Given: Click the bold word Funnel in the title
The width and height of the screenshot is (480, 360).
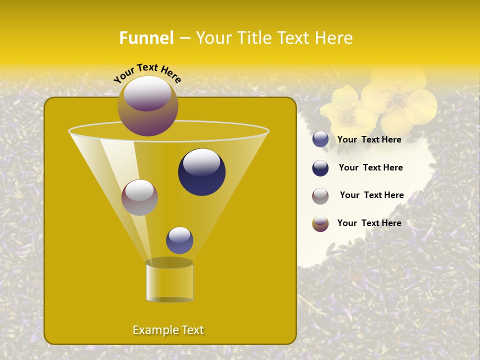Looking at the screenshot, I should tap(146, 38).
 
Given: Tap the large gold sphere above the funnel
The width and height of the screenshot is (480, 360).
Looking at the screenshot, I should tap(147, 106).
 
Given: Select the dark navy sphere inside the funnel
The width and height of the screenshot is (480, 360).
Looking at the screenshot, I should tap(201, 172).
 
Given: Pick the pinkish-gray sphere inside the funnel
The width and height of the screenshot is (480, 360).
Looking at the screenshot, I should tap(139, 197).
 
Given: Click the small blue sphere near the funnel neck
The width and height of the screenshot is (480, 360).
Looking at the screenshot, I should tap(179, 240).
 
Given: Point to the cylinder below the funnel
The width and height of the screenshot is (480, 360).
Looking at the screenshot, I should tap(169, 281).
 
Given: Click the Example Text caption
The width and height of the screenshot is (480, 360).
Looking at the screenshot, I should tap(168, 330).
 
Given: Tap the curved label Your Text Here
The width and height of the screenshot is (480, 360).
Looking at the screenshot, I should tap(147, 72).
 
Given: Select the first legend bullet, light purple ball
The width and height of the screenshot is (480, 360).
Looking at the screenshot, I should tap(320, 139).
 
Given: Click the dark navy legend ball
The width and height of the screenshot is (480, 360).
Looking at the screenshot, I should tap(320, 168).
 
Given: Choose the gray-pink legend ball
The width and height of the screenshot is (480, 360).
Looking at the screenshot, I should tap(320, 196).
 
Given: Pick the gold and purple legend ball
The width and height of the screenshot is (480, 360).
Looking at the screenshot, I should tap(320, 223).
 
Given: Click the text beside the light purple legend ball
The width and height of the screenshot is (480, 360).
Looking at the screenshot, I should tap(369, 140).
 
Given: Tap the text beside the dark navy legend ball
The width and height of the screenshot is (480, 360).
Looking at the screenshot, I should tap(370, 168).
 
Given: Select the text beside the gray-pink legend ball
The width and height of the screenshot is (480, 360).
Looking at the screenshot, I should tap(371, 195).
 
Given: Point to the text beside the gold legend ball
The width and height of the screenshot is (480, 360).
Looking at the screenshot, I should tap(369, 223).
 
